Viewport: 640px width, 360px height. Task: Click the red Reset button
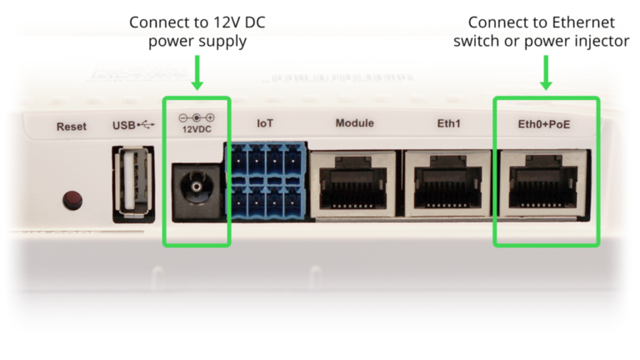[73, 199]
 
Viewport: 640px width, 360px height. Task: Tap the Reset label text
[71, 127]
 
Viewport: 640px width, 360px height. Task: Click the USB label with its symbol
[133, 126]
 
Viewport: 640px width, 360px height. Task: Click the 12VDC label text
[197, 131]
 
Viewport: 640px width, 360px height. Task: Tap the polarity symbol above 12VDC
[197, 117]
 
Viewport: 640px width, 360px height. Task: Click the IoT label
[265, 123]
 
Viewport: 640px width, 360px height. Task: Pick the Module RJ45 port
[354, 184]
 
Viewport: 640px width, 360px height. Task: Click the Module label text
[354, 123]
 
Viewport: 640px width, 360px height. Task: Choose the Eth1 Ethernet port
[448, 184]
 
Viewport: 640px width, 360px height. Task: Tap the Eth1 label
[448, 123]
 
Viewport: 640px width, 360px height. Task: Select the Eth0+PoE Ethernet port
[545, 184]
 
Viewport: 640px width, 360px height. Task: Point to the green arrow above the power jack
[197, 72]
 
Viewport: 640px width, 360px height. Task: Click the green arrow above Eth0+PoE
[546, 72]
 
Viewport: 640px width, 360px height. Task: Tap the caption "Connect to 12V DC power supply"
[197, 31]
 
